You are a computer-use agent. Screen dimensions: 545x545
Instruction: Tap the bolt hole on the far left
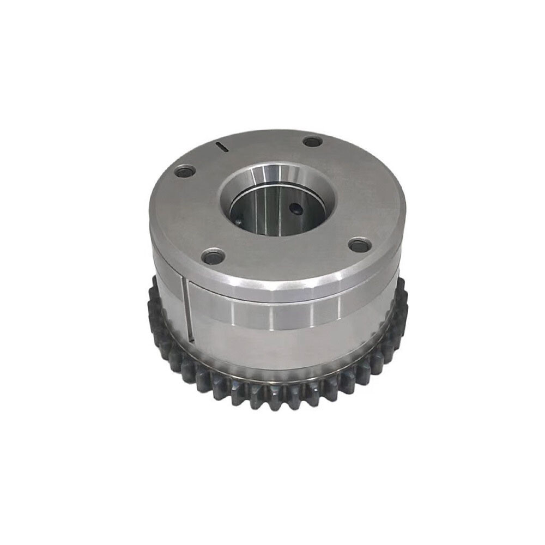[185, 172]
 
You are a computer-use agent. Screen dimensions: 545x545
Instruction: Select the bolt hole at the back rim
[312, 142]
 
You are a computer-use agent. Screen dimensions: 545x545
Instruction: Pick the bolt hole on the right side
[359, 245]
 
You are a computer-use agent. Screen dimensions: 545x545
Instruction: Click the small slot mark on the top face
[222, 146]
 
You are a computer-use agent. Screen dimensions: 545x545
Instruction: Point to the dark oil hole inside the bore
[295, 207]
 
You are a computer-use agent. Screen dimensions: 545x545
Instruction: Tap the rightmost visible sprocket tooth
[404, 305]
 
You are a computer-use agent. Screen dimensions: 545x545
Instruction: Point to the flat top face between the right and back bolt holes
[354, 185]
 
